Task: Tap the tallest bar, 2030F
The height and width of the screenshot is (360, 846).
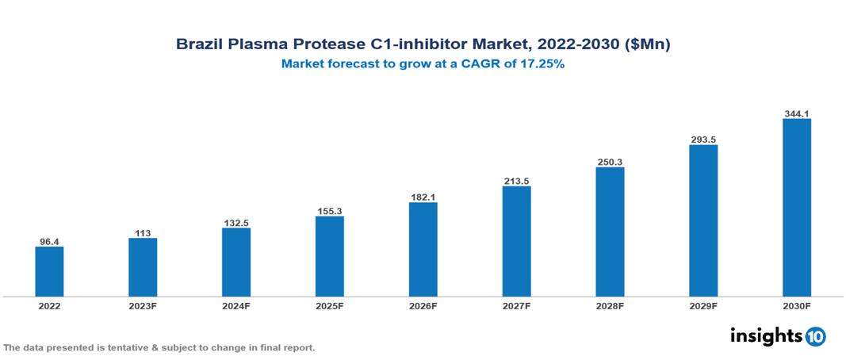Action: pyautogui.click(x=797, y=208)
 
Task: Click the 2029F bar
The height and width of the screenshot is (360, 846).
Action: pyautogui.click(x=703, y=220)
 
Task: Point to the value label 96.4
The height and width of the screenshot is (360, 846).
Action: pyautogui.click(x=49, y=240)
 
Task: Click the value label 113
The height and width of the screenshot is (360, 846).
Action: pyautogui.click(x=143, y=232)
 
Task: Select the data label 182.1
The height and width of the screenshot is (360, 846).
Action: pyautogui.click(x=423, y=196)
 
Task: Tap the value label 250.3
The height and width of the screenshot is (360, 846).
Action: pyautogui.click(x=610, y=161)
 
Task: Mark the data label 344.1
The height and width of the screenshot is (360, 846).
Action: pyautogui.click(x=797, y=113)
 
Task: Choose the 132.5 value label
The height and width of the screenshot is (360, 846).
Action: pyautogui.click(x=236, y=223)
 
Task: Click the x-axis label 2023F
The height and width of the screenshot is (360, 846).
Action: pyautogui.click(x=143, y=305)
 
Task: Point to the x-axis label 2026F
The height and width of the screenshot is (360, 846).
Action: pyautogui.click(x=423, y=305)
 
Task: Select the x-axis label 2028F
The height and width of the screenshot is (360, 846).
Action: pyautogui.click(x=610, y=305)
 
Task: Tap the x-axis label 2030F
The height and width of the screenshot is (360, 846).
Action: pyautogui.click(x=797, y=305)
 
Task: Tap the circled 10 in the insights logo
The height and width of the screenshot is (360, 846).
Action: pyautogui.click(x=815, y=336)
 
